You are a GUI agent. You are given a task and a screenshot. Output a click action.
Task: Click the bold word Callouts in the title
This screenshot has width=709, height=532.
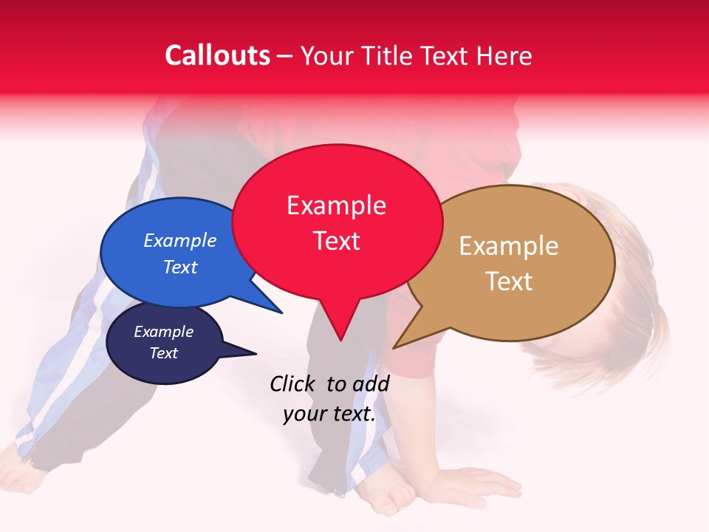point(217,55)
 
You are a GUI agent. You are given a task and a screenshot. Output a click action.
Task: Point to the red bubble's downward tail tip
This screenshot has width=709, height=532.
point(340,341)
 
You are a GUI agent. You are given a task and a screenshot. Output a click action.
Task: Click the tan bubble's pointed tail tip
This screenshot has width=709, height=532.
point(394,347)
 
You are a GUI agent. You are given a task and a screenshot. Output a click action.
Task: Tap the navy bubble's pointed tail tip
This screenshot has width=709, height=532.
point(256,353)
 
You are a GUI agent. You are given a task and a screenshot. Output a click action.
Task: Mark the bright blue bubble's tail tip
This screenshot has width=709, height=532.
point(281,313)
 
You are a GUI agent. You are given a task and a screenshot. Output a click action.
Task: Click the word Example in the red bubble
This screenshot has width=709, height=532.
point(336,205)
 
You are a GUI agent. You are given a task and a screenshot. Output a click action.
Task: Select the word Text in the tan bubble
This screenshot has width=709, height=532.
point(509,282)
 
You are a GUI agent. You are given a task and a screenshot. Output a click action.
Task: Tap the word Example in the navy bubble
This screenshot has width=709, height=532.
point(163,332)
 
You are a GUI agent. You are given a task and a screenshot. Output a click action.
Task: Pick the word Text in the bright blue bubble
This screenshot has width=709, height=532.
point(180,267)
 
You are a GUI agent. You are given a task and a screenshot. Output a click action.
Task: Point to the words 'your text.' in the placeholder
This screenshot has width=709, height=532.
point(329,414)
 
